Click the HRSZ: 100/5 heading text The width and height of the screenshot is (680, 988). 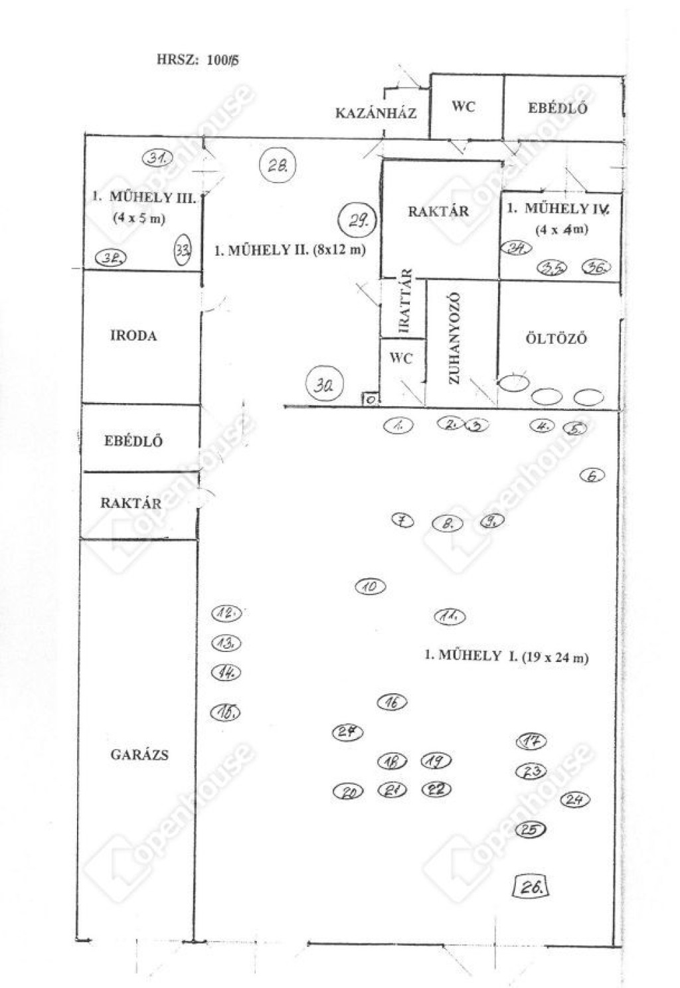click(x=198, y=60)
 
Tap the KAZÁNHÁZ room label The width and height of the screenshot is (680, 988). click(x=376, y=114)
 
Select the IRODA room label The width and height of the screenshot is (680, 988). click(x=133, y=336)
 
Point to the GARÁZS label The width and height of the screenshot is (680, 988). click(x=139, y=755)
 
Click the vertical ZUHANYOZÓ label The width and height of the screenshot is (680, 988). click(x=455, y=339)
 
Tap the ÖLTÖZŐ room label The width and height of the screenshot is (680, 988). click(x=556, y=339)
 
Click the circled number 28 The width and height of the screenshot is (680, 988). click(x=278, y=165)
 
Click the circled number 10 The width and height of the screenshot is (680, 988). click(x=371, y=587)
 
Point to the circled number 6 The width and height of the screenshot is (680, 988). click(x=592, y=475)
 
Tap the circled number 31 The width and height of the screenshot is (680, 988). click(x=157, y=157)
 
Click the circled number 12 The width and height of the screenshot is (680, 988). click(x=226, y=614)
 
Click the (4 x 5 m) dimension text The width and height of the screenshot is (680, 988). click(x=139, y=218)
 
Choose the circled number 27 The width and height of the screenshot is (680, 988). click(x=348, y=732)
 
